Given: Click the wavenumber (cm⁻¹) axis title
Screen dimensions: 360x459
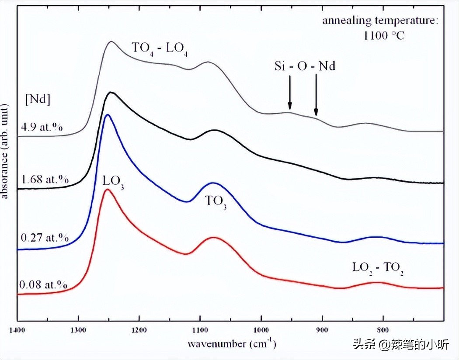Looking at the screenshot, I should click(x=232, y=344).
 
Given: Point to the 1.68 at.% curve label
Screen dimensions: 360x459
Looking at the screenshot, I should click(x=45, y=179).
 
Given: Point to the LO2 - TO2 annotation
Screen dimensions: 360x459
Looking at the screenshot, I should click(x=378, y=267).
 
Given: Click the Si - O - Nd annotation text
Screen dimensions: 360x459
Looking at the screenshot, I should click(x=305, y=66).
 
